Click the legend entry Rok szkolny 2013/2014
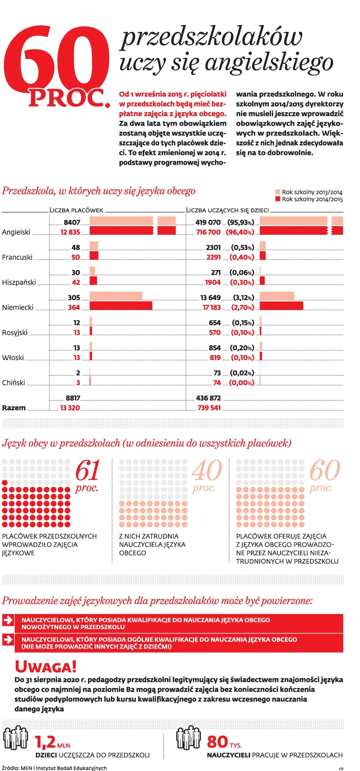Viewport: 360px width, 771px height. (312, 192)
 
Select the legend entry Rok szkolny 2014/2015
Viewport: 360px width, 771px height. (312, 200)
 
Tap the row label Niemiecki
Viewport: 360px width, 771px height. (18, 307)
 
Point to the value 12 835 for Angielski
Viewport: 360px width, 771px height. (70, 232)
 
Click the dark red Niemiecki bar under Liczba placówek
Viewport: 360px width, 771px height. (121, 306)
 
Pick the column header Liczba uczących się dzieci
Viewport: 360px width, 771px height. (227, 210)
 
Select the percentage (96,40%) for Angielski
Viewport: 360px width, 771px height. (241, 232)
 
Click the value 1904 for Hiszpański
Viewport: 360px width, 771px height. (212, 282)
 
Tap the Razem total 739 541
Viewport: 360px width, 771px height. (209, 408)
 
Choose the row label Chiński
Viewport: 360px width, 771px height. (13, 383)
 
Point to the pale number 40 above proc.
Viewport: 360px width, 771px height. (207, 471)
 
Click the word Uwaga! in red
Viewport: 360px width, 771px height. (46, 667)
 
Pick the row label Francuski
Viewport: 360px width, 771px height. (17, 257)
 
